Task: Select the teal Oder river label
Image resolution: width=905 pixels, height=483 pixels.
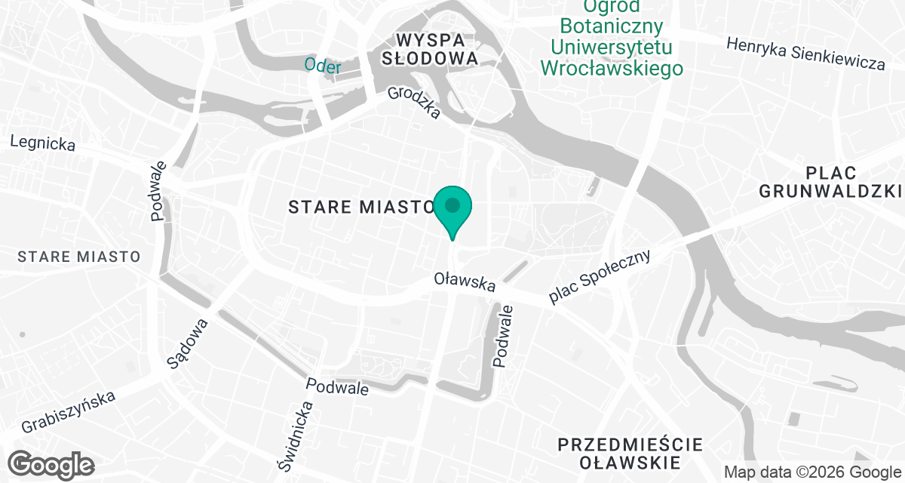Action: coord(323,65)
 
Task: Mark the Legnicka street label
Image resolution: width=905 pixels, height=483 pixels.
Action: coord(43,143)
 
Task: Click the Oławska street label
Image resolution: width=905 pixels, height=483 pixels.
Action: coord(465,282)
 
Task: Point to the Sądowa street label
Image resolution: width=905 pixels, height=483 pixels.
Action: coord(187,343)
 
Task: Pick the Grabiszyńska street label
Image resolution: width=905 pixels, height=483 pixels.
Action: coord(69,411)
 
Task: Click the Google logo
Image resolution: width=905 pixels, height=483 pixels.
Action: coord(51,463)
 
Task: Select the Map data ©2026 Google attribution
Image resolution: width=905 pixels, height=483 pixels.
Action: coord(812,472)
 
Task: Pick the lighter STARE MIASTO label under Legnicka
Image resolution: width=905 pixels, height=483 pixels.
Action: coord(79,257)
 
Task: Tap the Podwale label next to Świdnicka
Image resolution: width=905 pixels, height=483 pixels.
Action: coord(337,386)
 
